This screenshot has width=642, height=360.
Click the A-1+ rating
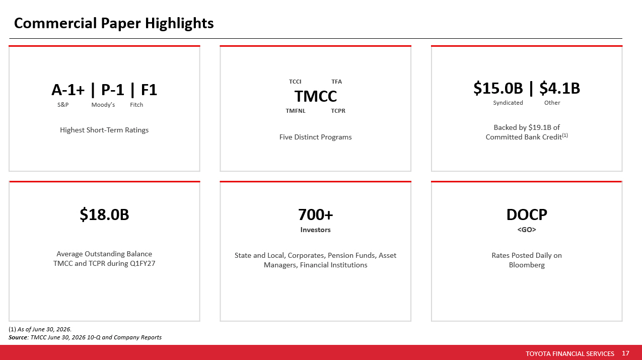(68, 90)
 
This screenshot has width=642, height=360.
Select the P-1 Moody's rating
(113, 90)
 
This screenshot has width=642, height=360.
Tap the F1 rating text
(149, 90)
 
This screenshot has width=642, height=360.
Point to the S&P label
(63, 105)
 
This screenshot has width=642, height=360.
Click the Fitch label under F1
(136, 105)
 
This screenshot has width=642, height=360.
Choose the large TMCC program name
(316, 96)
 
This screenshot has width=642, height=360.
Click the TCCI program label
(295, 82)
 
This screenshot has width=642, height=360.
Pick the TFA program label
(337, 82)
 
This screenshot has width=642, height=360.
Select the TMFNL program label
(296, 111)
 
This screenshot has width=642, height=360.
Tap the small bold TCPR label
(338, 111)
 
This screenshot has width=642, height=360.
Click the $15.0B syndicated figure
(498, 88)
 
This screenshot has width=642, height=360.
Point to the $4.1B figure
(560, 88)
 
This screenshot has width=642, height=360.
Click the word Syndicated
(508, 103)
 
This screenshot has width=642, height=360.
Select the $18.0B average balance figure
(104, 214)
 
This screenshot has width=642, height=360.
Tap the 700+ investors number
(316, 214)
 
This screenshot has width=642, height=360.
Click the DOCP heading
(527, 214)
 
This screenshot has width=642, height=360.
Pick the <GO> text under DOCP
(527, 230)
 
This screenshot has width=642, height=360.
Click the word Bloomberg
(527, 265)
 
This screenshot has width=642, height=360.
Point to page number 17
(626, 353)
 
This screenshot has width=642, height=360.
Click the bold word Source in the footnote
(18, 337)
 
